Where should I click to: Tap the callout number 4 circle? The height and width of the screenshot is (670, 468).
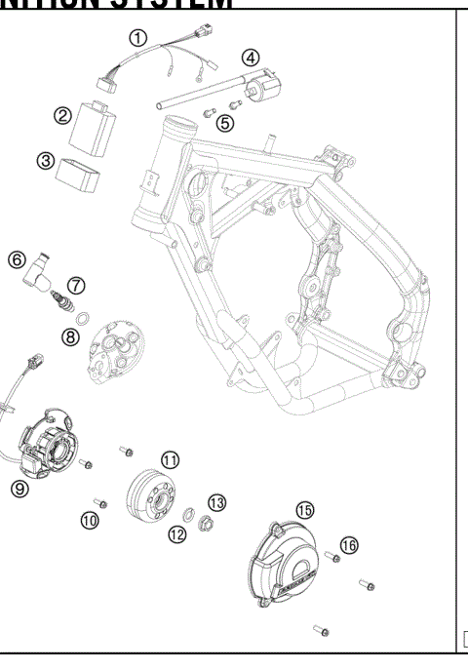251,58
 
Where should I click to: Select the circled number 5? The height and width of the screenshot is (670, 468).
225,123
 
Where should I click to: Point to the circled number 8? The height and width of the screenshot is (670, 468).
71,336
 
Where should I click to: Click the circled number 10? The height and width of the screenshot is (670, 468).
90,520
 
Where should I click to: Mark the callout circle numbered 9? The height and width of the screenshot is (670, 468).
19,490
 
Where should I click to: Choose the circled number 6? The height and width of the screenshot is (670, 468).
17,259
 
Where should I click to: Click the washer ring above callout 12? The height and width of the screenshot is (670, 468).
185,517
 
